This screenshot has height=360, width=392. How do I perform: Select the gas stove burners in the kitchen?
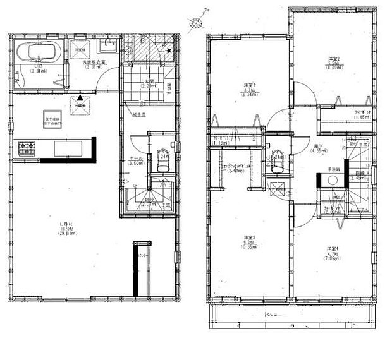point(27,148)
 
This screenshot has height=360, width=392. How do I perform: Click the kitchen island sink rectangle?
point(68,148)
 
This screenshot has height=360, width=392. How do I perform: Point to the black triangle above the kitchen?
point(80,98)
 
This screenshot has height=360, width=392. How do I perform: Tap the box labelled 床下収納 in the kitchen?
point(52,121)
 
